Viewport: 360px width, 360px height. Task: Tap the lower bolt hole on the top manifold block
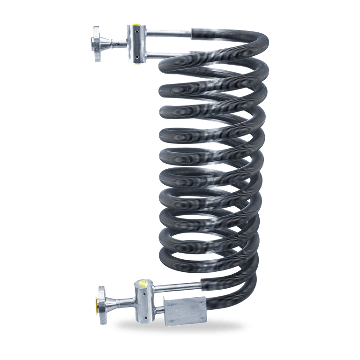pos(136,57)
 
